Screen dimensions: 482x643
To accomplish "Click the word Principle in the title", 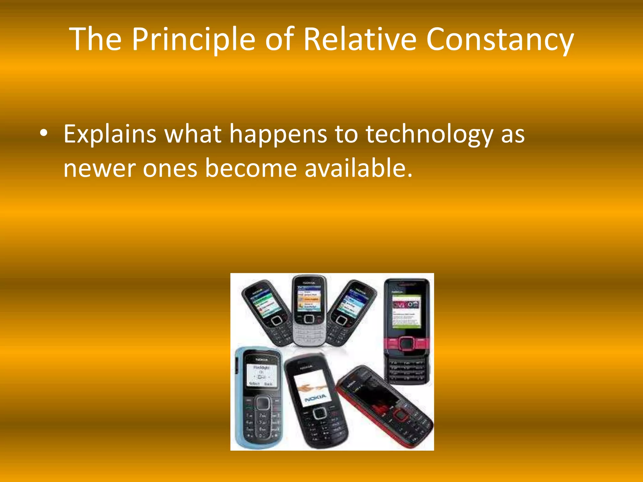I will pos(193,40).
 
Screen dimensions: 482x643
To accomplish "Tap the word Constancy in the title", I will pos(500,40).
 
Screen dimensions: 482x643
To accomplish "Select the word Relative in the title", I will pos(359,40).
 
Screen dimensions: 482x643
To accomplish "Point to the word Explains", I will pos(110,134).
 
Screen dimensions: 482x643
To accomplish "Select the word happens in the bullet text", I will pos(278,134).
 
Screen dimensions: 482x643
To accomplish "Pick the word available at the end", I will pos(358,168).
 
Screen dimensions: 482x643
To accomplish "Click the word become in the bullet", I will pos(251,168).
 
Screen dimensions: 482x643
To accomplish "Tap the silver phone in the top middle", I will pos(309,311).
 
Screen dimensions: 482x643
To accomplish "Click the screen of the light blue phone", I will pos(261,375).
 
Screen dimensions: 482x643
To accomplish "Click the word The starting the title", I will pos(95,40).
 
